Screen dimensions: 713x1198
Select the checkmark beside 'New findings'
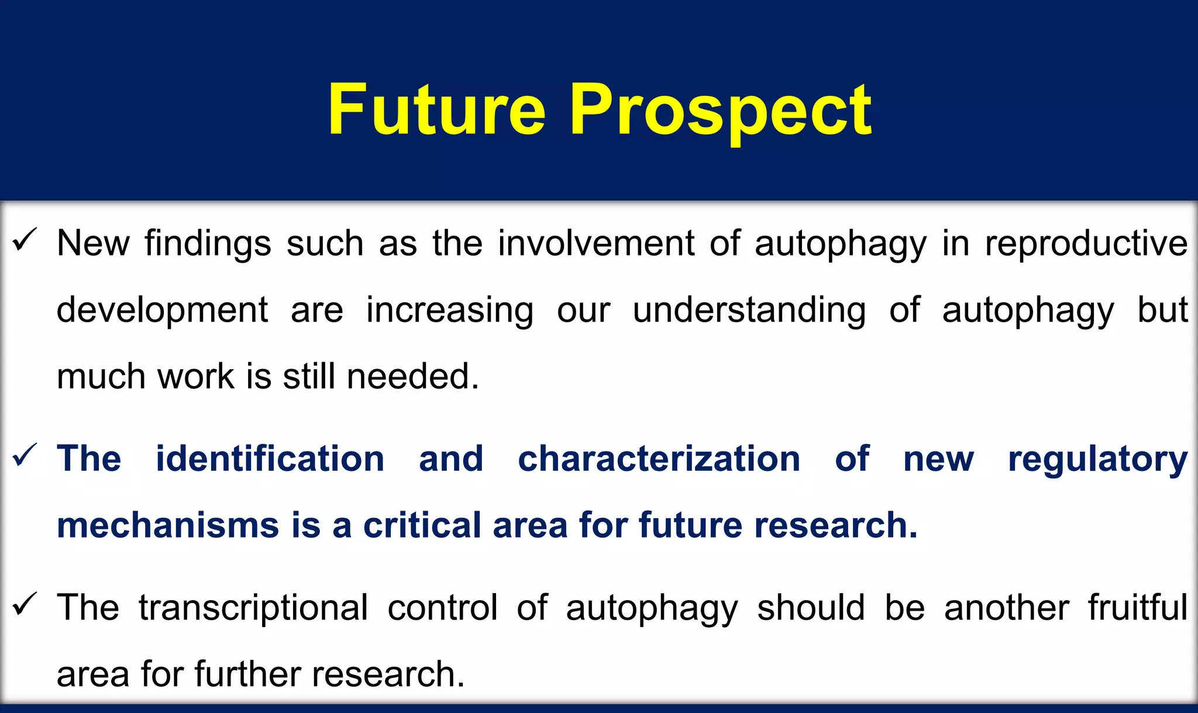(25, 240)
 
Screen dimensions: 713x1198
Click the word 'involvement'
(596, 243)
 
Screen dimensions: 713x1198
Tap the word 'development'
(162, 310)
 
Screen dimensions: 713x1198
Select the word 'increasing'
(449, 310)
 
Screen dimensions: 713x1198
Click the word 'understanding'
(749, 310)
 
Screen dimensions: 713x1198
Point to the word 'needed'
(412, 376)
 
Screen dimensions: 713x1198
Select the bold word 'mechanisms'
(168, 525)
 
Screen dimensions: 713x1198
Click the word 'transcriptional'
(253, 608)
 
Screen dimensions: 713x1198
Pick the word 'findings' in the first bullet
(208, 244)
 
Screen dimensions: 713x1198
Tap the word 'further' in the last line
(248, 674)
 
